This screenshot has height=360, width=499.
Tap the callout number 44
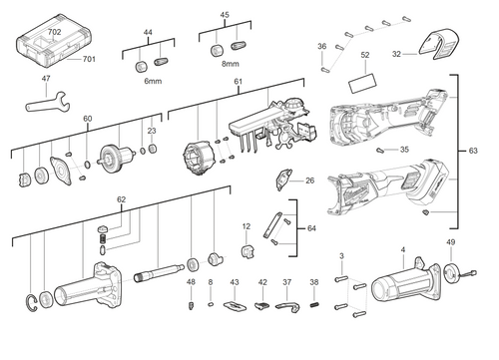coord(149,34)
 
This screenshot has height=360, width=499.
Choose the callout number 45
coord(225,15)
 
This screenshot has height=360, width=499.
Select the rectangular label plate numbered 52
coord(365,79)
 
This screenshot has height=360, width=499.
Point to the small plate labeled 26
coord(285,180)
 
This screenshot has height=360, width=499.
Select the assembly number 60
coord(87,120)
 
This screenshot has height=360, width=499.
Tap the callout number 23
coord(151,130)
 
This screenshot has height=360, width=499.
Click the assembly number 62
coord(121,199)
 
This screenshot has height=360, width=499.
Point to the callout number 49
coord(450,242)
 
